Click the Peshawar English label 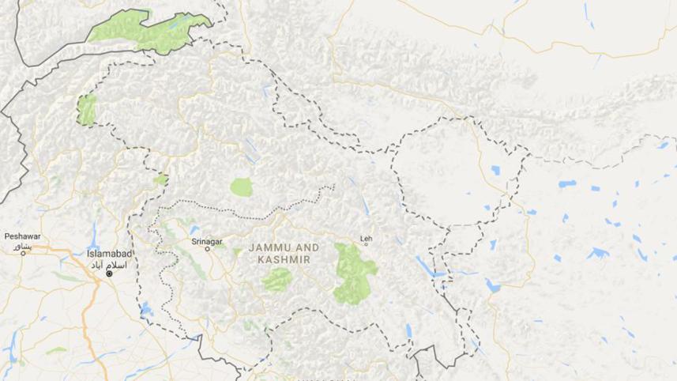click(x=21, y=236)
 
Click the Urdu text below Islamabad click(x=111, y=263)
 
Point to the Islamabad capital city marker click(x=111, y=273)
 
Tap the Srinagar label click(x=207, y=240)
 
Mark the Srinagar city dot click(x=209, y=249)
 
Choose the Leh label click(x=365, y=237)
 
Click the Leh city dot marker click(x=366, y=244)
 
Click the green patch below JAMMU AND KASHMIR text click(x=276, y=279)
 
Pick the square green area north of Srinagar click(x=241, y=187)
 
